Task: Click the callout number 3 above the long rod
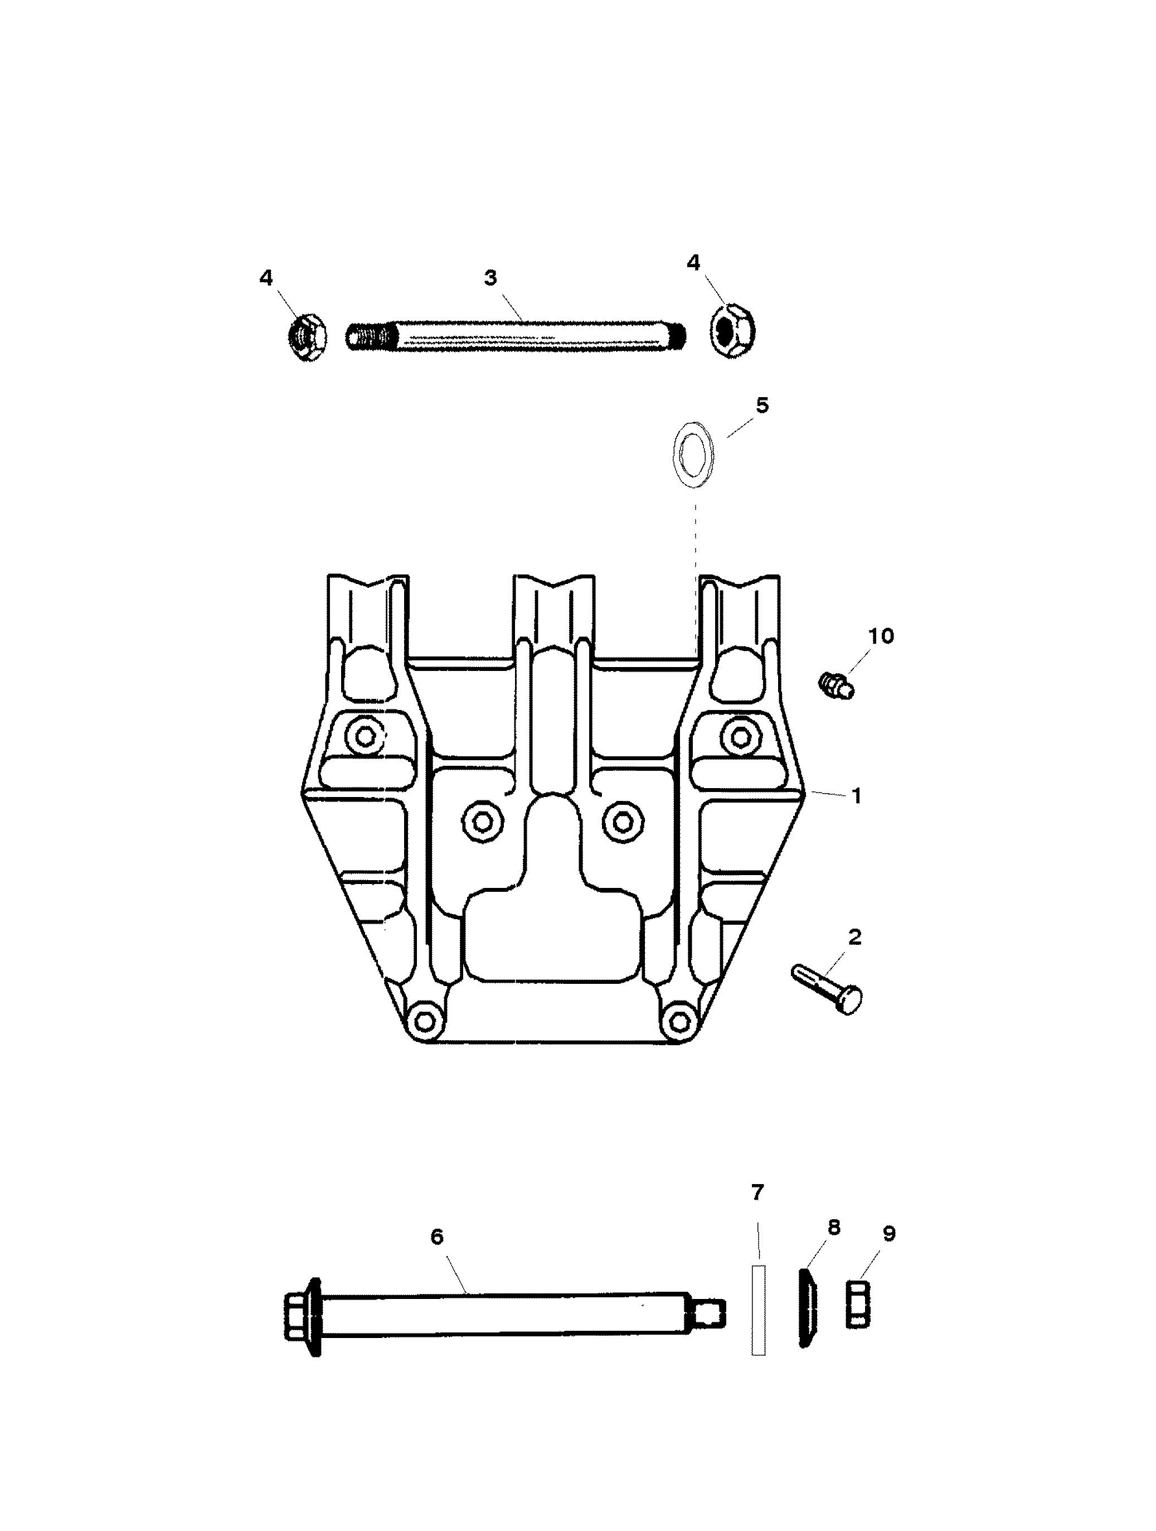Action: click(x=490, y=278)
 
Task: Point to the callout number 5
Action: click(x=762, y=405)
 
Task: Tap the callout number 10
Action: click(x=881, y=635)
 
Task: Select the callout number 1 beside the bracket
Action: click(x=857, y=796)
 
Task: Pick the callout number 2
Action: click(x=855, y=938)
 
